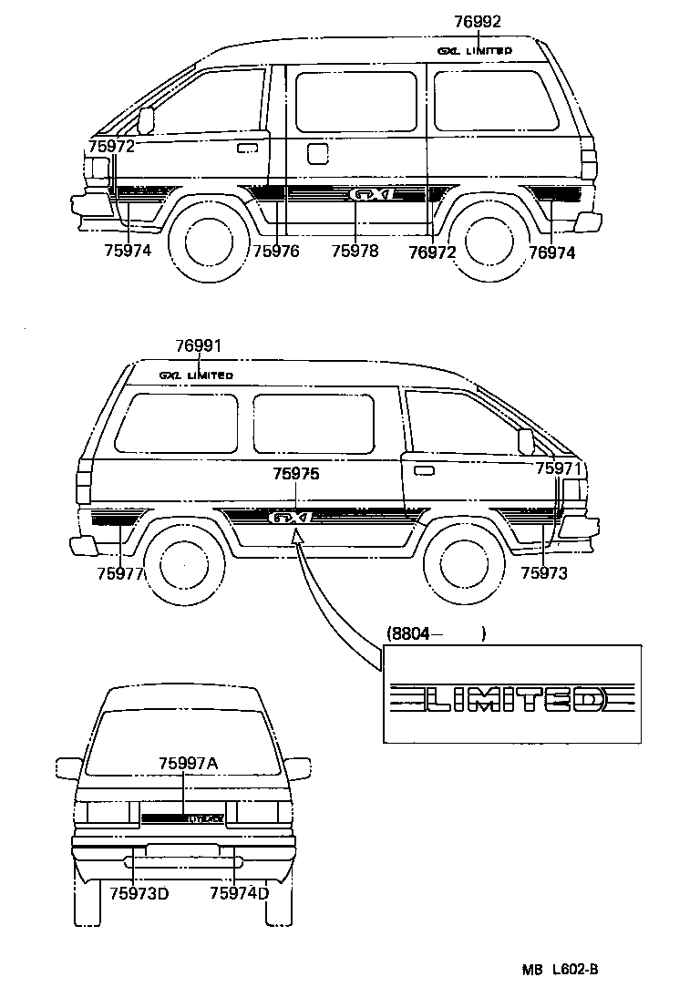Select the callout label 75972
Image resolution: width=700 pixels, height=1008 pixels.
tap(112, 146)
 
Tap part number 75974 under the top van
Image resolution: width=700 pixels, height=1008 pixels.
tap(129, 252)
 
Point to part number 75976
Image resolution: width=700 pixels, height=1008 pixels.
tap(276, 252)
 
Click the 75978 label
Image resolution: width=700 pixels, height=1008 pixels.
tap(355, 252)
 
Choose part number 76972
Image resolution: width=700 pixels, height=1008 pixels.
tap(432, 252)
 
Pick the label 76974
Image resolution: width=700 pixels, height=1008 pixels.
tap(552, 252)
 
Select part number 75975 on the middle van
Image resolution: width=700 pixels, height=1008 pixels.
tap(296, 473)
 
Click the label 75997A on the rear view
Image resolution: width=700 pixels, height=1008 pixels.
tap(188, 764)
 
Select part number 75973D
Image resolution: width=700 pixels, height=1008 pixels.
tap(139, 893)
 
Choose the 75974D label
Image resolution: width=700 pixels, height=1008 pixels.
tap(239, 893)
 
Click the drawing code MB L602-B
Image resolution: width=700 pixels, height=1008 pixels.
tap(560, 970)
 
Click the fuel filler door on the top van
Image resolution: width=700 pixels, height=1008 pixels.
tap(317, 153)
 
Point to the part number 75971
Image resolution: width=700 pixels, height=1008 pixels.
tap(558, 468)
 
